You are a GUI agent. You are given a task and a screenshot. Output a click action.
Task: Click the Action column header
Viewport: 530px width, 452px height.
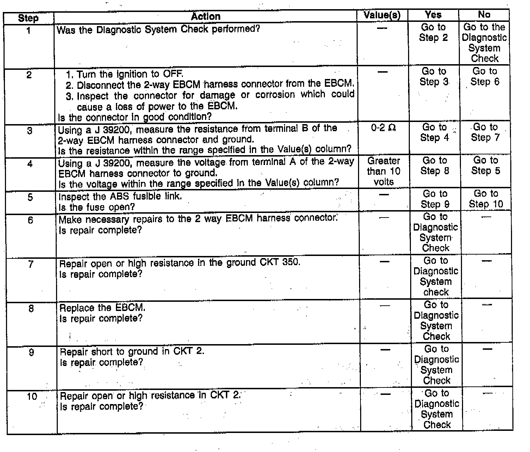pyautogui.click(x=205, y=16)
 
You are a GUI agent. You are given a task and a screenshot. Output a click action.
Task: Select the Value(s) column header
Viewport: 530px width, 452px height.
pyautogui.click(x=382, y=15)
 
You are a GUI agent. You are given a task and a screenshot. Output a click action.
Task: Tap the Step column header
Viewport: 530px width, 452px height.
pyautogui.click(x=28, y=18)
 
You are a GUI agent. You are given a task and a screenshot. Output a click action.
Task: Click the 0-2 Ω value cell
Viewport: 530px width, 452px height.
pyautogui.click(x=383, y=128)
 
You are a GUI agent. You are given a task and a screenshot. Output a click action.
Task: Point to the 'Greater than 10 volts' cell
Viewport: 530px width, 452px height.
pyautogui.click(x=383, y=171)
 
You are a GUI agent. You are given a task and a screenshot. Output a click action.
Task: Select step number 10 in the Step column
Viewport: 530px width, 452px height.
pyautogui.click(x=32, y=397)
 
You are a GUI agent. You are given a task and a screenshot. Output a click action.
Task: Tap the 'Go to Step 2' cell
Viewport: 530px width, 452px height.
pyautogui.click(x=433, y=32)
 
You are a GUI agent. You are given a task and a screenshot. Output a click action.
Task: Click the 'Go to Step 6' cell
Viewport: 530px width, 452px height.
pyautogui.click(x=485, y=77)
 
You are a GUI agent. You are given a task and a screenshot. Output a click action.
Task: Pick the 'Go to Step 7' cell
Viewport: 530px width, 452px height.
pyautogui.click(x=485, y=132)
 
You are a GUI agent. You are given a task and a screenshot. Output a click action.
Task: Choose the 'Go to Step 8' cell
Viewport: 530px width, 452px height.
pyautogui.click(x=435, y=166)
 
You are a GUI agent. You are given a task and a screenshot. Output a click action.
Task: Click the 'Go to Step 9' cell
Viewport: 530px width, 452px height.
pyautogui.click(x=435, y=199)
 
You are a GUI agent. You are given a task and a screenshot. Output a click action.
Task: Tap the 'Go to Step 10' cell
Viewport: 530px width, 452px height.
pyautogui.click(x=486, y=199)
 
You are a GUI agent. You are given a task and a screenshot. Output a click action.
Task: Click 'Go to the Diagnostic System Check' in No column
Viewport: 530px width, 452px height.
pyautogui.click(x=484, y=43)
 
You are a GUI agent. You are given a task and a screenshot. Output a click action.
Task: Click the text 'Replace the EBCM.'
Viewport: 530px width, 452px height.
pyautogui.click(x=102, y=308)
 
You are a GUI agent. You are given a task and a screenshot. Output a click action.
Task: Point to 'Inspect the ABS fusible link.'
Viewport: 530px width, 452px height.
pyautogui.click(x=120, y=196)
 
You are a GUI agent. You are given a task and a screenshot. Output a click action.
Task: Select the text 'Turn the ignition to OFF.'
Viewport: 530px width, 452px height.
pyautogui.click(x=130, y=74)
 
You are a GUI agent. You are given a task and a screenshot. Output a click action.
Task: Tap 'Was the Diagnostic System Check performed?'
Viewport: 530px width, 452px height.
pyautogui.click(x=158, y=29)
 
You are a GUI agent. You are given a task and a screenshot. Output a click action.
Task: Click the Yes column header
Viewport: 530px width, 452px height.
pyautogui.click(x=433, y=15)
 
